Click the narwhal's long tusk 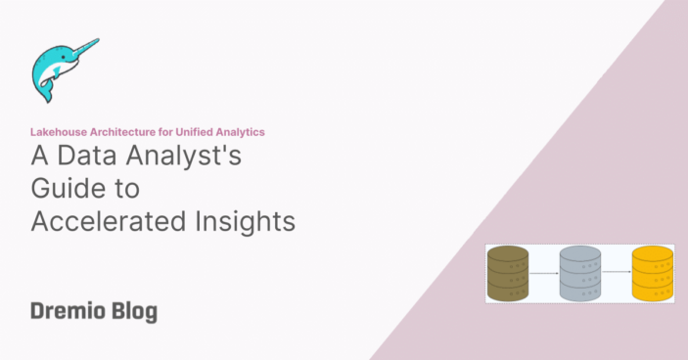(84, 47)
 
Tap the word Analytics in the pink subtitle (239, 131)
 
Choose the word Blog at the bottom (132, 312)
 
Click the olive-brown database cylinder (508, 273)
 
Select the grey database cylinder (579, 273)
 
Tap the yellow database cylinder (652, 273)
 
